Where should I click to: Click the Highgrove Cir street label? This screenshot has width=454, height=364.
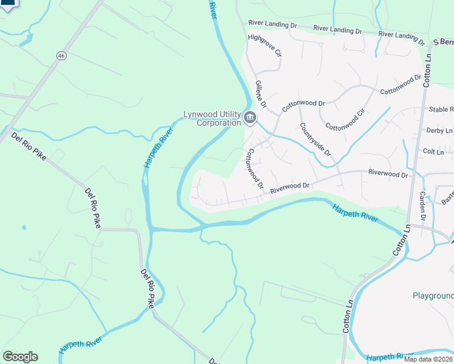pos(265,45)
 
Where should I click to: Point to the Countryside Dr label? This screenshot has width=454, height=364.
pos(316,140)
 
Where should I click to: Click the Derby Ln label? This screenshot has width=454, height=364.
pos(440,130)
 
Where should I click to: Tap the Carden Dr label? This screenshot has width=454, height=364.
pos(424,205)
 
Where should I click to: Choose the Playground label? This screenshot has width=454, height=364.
pos(433,296)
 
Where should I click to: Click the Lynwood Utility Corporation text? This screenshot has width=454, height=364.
pos(212,118)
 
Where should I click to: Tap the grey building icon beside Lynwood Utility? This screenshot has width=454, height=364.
pos(250,117)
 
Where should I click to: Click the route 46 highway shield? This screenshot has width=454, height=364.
pos(61,56)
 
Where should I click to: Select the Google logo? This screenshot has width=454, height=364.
pos(20,357)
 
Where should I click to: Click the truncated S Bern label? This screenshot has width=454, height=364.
pos(442,42)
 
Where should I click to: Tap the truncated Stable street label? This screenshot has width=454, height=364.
pos(441,110)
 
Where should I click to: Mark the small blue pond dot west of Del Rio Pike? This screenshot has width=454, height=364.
pos(24,228)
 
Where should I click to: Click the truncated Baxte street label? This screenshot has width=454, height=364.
pos(447,196)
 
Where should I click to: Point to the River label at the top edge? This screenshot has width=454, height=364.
pos(212,9)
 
